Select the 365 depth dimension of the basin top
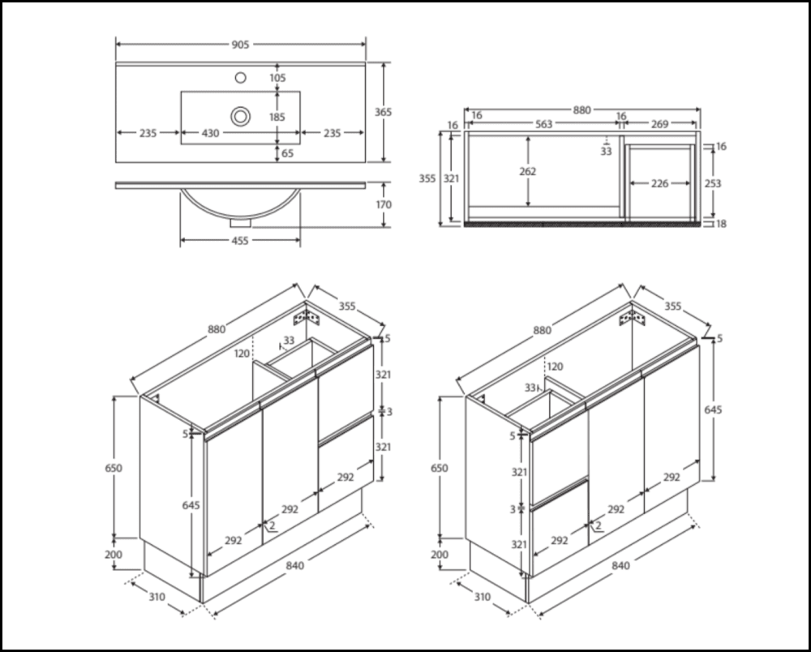click(384, 112)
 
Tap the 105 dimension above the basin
click(278, 78)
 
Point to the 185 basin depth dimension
click(278, 117)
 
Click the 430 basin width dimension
click(210, 133)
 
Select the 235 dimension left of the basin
click(147, 133)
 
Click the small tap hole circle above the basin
click(240, 78)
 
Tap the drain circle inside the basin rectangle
click(240, 116)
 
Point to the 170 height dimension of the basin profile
click(384, 205)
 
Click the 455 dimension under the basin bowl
click(240, 240)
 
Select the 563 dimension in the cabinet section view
click(544, 124)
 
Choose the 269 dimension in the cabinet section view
click(660, 124)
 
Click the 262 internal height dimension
click(528, 171)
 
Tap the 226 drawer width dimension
click(660, 184)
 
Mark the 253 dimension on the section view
click(713, 183)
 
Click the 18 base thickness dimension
click(721, 224)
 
